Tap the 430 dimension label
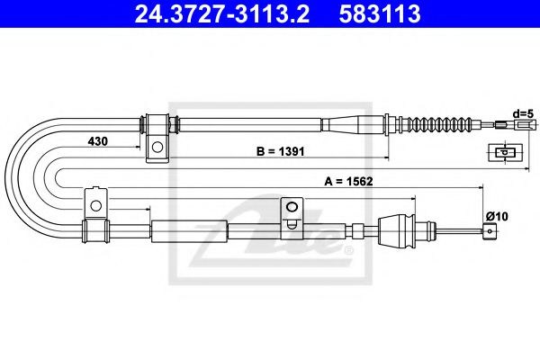[x=99, y=141]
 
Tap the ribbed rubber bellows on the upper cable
[x=440, y=123]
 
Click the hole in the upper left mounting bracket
[x=157, y=146]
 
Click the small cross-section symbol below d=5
[x=506, y=152]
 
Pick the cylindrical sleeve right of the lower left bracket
[x=189, y=230]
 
